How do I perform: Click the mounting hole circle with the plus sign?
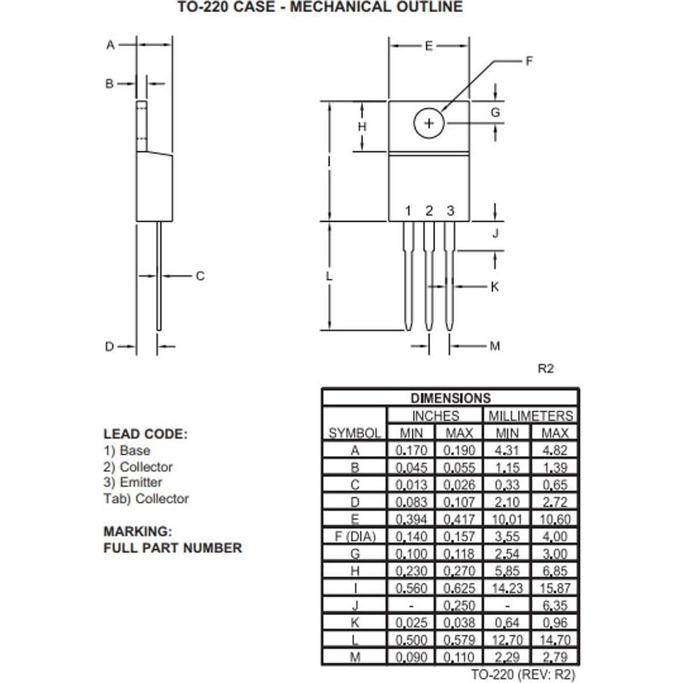[429, 124]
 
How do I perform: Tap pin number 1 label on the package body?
[408, 211]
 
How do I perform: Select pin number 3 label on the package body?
[450, 211]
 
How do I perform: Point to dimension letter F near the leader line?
[529, 61]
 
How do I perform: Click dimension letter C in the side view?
[200, 276]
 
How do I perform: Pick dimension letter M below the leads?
[495, 345]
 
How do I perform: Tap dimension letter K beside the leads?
[495, 287]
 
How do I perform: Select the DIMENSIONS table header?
[450, 399]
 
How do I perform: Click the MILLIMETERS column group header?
[530, 415]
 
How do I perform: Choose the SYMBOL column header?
[354, 433]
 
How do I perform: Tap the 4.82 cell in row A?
[555, 450]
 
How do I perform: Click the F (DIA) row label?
[354, 537]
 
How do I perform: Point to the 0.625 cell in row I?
[460, 588]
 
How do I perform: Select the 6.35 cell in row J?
[555, 605]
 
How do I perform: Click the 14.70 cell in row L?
[555, 640]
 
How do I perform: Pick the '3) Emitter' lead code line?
[132, 483]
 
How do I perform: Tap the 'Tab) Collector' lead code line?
[146, 499]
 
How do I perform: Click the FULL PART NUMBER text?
[172, 548]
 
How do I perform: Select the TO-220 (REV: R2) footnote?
[523, 675]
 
